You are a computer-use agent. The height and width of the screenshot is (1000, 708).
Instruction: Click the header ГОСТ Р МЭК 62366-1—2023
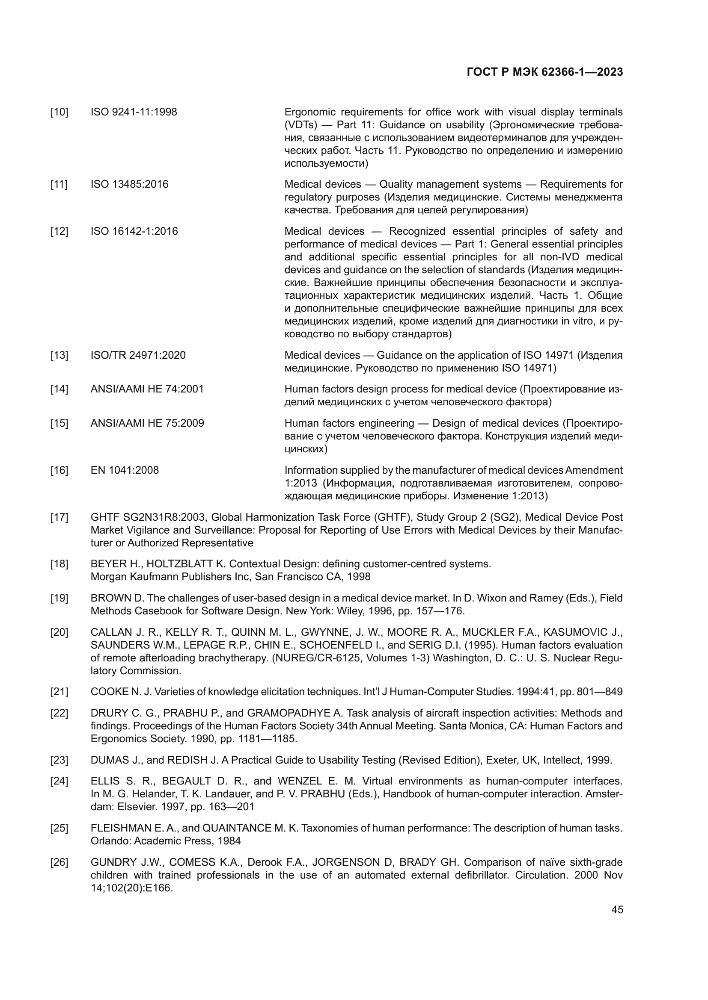click(544, 72)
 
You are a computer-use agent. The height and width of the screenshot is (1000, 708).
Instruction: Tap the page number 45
click(617, 909)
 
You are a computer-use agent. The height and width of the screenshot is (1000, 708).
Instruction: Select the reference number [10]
click(59, 112)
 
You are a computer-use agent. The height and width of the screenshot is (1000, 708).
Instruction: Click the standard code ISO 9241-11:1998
click(134, 112)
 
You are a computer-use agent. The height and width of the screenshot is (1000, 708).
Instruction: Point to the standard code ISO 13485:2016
click(129, 184)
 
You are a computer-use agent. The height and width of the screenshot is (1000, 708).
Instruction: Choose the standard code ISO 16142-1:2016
click(134, 231)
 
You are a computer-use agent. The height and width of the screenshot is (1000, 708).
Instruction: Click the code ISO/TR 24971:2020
click(138, 355)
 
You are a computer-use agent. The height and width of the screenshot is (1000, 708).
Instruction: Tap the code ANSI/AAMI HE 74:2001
click(147, 389)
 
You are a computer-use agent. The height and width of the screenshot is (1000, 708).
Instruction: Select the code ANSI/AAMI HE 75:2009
click(147, 423)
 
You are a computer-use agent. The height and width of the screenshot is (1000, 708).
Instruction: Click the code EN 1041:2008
click(125, 470)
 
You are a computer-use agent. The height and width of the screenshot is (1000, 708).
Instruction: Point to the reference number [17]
click(59, 517)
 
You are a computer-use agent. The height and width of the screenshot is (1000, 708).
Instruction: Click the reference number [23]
click(59, 760)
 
